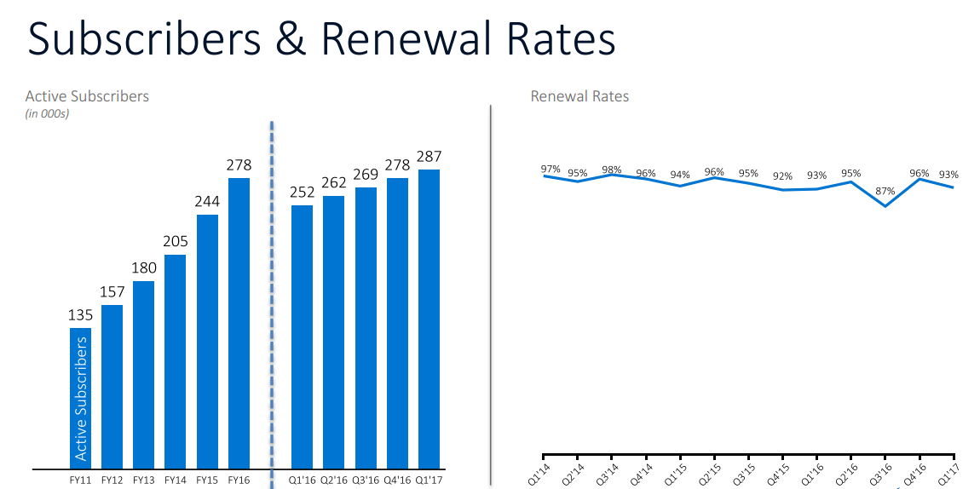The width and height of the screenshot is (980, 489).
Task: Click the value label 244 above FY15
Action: click(x=207, y=202)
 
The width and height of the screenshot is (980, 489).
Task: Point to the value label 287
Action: click(x=429, y=157)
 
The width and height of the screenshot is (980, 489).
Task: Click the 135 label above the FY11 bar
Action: click(x=80, y=314)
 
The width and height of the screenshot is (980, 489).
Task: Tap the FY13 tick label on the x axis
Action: click(x=143, y=480)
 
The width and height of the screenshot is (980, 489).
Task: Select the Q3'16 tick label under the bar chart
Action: click(x=365, y=480)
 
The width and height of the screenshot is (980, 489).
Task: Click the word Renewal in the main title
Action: click(x=410, y=40)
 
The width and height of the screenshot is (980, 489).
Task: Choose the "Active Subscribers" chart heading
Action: click(x=87, y=96)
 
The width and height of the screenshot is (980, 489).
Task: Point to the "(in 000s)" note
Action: click(x=47, y=113)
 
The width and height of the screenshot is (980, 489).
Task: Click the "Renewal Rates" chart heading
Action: click(x=579, y=96)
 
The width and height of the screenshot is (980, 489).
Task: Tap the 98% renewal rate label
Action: click(x=612, y=169)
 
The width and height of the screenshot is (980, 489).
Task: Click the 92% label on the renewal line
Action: click(x=782, y=177)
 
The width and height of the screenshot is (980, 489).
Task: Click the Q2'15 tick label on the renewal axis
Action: click(x=710, y=473)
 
